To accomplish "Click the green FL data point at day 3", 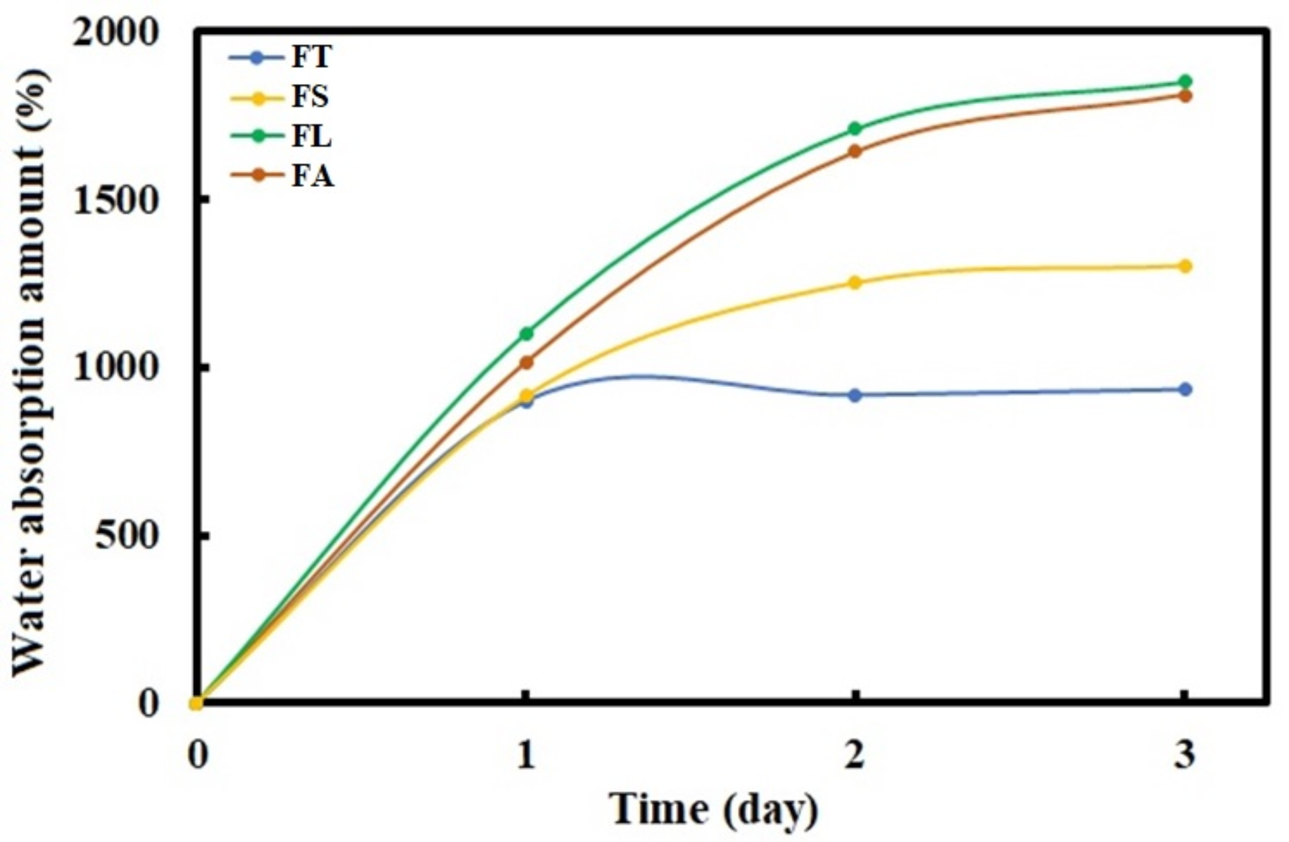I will pyautogui.click(x=1184, y=82).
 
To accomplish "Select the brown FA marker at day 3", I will pyautogui.click(x=1184, y=96).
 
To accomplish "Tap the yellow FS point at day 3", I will pyautogui.click(x=1184, y=266).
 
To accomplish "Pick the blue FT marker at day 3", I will pyautogui.click(x=1184, y=390).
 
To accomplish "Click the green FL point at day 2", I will pyautogui.click(x=854, y=129).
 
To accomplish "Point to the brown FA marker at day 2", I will pyautogui.click(x=854, y=151).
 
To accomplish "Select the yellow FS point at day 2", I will pyautogui.click(x=854, y=282).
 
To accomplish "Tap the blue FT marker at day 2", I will pyautogui.click(x=854, y=395).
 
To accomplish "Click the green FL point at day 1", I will pyautogui.click(x=526, y=333).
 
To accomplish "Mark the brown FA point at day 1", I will pyautogui.click(x=526, y=363).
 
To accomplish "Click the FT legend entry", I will pyautogui.click(x=311, y=56).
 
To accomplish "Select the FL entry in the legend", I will pyautogui.click(x=311, y=137).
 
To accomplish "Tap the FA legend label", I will pyautogui.click(x=313, y=176).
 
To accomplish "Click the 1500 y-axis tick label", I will pyautogui.click(x=115, y=202).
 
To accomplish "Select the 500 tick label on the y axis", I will pyautogui.click(x=126, y=536).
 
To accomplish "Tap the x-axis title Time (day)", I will pyautogui.click(x=713, y=809).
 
